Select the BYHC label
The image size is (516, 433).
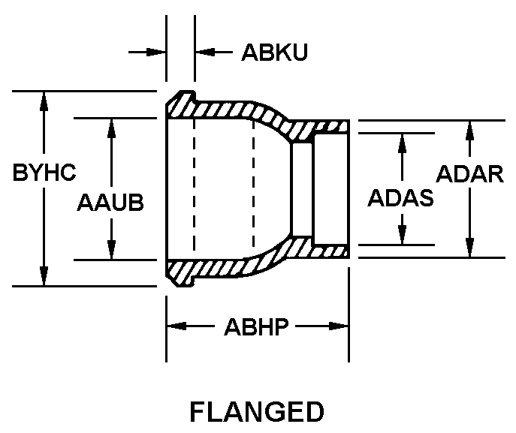coord(44,173)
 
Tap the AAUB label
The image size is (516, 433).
coord(110,203)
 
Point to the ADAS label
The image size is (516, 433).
coord(401,198)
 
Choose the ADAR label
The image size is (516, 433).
coord(470,174)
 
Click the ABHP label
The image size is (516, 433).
coord(257,327)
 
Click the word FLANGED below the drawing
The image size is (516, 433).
coord(257,412)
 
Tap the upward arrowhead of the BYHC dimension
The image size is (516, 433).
coord(44,101)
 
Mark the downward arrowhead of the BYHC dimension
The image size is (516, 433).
coord(44,278)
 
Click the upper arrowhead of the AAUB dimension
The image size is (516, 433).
coord(111,127)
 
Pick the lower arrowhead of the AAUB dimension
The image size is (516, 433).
coord(111,251)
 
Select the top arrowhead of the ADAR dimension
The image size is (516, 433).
coord(470,128)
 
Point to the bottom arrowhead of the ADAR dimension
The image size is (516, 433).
coord(470,249)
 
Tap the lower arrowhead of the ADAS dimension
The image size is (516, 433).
coord(402,236)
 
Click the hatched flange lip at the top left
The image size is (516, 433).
coord(180,104)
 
